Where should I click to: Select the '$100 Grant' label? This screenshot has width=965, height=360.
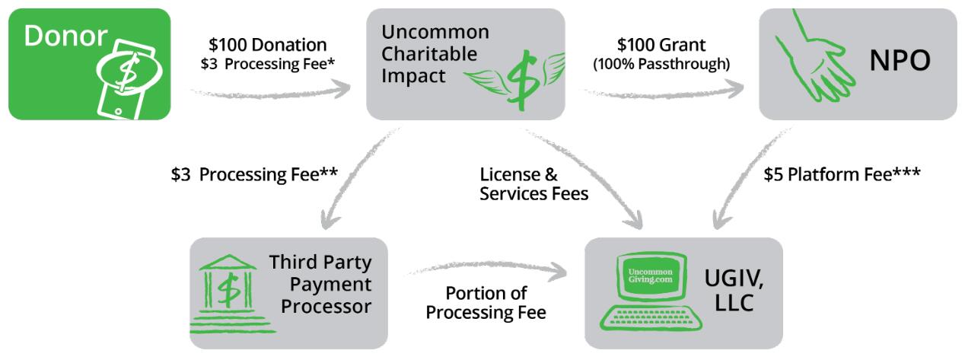tap(661, 45)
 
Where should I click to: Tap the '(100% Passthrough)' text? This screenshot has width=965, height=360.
tap(661, 65)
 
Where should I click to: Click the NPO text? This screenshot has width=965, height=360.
tap(900, 61)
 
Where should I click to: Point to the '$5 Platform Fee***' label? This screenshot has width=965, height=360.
tap(842, 174)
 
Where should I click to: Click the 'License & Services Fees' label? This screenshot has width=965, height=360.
tap(533, 183)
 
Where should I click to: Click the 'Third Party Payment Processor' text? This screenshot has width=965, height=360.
tap(320, 285)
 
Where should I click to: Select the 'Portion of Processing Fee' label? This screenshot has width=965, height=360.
tap(486, 302)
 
